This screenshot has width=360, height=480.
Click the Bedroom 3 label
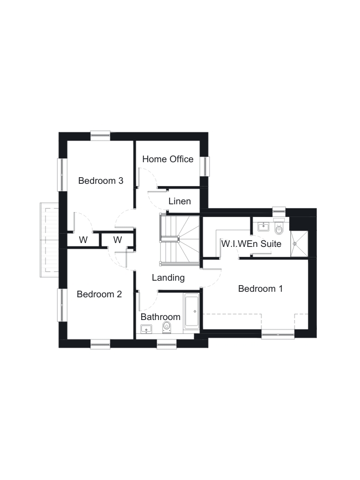click(x=101, y=180)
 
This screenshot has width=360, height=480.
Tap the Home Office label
click(x=168, y=159)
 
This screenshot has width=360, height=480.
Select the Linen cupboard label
click(x=179, y=201)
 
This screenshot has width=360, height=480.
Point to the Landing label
click(x=168, y=278)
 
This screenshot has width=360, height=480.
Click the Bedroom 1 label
click(x=260, y=288)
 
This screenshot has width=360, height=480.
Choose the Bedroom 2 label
click(x=99, y=294)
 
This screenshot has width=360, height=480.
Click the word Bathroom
click(x=161, y=317)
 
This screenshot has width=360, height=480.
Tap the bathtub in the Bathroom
click(x=191, y=311)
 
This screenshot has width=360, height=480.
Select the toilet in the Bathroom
click(x=167, y=327)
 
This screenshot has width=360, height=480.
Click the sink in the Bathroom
click(x=146, y=329)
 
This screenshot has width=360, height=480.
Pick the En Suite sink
click(x=263, y=227)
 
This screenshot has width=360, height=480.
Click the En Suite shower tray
click(x=299, y=244)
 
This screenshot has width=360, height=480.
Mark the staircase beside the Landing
click(x=179, y=239)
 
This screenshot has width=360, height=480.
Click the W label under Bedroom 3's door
click(x=83, y=240)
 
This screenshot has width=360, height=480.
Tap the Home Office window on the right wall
click(x=205, y=166)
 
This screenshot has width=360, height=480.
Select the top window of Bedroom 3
click(x=100, y=136)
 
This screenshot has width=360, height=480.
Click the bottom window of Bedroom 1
click(x=278, y=334)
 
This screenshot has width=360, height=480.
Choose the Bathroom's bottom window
click(x=167, y=344)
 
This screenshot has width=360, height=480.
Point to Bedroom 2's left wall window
click(x=62, y=305)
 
